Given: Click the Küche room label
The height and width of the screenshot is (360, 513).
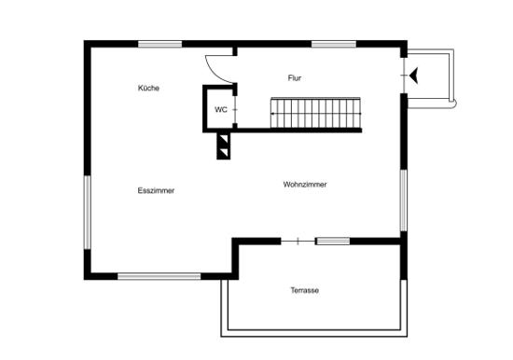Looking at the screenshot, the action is (148, 88).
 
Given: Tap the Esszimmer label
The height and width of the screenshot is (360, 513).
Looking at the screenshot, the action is (156, 190).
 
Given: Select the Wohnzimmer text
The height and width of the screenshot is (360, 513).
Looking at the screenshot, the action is (305, 185).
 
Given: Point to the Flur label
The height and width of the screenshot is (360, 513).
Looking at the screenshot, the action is (295, 78).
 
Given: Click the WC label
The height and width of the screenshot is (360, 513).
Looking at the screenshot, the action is (221, 110).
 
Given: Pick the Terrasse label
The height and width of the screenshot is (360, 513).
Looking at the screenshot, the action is (305, 290).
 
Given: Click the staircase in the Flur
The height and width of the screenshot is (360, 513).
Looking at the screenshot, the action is (315, 113).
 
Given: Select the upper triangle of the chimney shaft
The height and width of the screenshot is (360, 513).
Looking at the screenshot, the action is (224, 139).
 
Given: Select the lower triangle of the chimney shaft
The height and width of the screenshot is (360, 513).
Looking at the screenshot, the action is (224, 153).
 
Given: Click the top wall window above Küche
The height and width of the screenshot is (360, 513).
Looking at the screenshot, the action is (160, 44).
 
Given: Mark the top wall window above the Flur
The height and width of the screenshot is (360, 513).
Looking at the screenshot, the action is (333, 44).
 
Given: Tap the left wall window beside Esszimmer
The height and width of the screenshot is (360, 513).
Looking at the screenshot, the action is (87, 213).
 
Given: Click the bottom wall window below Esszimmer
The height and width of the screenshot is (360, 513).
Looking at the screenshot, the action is (159, 277).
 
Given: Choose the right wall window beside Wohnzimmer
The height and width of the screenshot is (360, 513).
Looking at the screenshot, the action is (404, 201).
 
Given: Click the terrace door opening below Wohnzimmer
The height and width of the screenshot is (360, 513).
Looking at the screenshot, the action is (298, 242).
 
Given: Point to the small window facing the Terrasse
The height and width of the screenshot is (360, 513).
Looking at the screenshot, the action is (332, 242).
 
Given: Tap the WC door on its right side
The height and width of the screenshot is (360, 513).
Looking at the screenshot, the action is (235, 110).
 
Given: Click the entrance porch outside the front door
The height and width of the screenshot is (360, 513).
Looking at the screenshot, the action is (429, 78).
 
